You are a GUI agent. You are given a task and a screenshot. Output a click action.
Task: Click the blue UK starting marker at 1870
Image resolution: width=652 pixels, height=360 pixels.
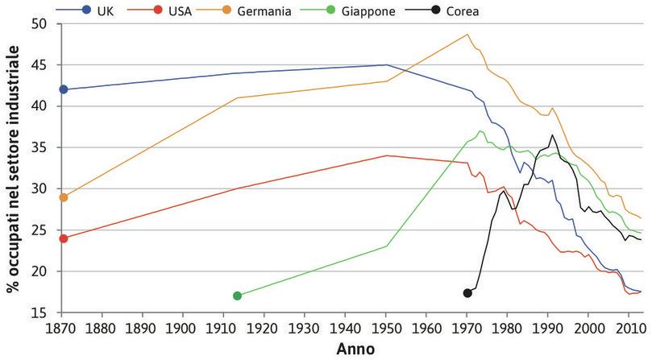[x=64, y=89]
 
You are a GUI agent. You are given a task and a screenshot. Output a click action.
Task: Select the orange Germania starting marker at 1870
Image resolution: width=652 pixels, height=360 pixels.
[x=64, y=197]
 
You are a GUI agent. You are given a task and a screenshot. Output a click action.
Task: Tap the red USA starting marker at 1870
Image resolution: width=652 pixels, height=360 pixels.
[x=64, y=238]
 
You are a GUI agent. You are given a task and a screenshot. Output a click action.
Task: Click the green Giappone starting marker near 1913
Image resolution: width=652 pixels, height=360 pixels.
[x=237, y=296]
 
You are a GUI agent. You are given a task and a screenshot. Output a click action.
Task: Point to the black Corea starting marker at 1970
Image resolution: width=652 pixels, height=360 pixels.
[x=467, y=292]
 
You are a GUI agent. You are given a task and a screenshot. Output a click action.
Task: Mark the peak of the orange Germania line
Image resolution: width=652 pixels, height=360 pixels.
[x=467, y=35]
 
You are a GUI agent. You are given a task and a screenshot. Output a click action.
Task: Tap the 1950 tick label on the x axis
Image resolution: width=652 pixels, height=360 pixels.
[x=387, y=328]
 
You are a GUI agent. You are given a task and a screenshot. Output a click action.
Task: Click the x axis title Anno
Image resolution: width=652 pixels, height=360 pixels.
[x=351, y=349]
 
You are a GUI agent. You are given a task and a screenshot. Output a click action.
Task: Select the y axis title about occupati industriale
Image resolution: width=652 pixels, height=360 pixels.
[x=13, y=168]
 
